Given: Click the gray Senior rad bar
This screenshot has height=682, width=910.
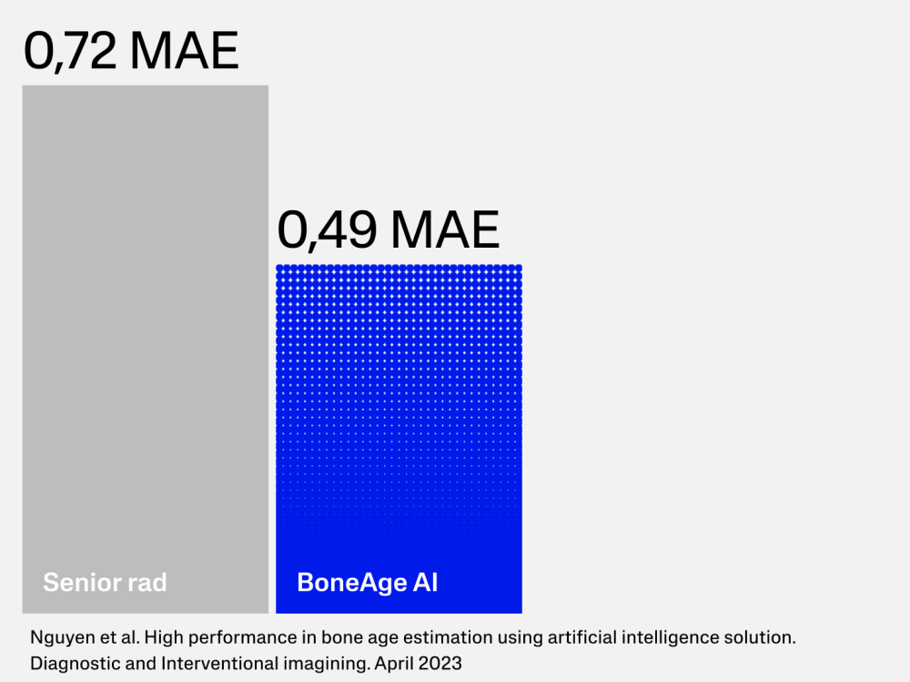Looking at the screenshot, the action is (x=145, y=349).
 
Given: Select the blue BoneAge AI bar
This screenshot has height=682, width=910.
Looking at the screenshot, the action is (x=399, y=439).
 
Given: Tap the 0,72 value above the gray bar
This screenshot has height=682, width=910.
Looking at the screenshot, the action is (x=70, y=52).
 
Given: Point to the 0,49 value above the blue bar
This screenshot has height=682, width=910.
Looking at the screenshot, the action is (x=327, y=230).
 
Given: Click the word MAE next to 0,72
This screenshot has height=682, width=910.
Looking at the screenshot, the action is (x=185, y=51).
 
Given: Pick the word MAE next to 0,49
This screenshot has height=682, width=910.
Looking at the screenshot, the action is (x=445, y=230).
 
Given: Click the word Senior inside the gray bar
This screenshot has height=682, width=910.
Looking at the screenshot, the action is (x=77, y=582).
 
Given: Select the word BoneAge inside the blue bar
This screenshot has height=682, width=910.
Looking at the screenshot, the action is (x=351, y=583).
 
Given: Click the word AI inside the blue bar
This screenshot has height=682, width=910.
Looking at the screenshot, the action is (x=425, y=582).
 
